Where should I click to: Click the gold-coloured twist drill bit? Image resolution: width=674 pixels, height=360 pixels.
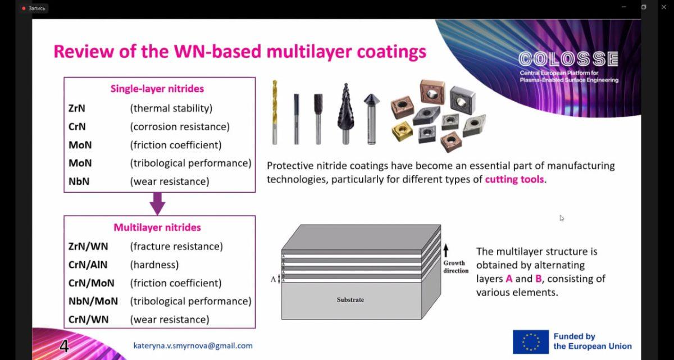(275, 112)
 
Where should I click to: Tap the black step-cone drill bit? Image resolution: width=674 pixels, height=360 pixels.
(346, 113)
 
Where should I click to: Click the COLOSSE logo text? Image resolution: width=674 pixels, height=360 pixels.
(568, 59)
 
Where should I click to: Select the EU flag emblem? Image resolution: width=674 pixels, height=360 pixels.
(531, 341)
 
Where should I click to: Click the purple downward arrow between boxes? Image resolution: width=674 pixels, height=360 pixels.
(157, 204)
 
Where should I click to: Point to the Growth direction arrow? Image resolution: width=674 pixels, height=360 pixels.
(446, 250)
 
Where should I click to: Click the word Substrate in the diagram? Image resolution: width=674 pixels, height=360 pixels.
(350, 299)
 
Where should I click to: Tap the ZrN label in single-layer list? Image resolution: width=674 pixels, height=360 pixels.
(77, 108)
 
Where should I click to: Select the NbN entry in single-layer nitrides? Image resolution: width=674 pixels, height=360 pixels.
(79, 181)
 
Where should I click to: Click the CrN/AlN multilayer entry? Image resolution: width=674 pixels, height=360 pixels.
(88, 265)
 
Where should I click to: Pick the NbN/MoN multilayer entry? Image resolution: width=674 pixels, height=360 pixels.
(93, 301)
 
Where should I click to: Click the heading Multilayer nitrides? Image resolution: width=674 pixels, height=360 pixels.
(157, 227)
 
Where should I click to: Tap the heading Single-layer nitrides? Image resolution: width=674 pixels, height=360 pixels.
(157, 89)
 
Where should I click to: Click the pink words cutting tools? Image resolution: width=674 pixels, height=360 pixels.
(514, 179)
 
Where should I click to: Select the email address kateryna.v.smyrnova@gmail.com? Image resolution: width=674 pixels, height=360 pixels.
(193, 346)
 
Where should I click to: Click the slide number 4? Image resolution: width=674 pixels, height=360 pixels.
(64, 346)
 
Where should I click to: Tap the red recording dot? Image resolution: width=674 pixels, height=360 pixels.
(24, 8)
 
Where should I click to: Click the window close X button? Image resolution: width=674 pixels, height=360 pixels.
(663, 7)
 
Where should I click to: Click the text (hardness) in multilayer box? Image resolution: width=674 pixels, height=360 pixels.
(154, 265)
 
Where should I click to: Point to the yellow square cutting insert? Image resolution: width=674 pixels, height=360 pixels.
(402, 131)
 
